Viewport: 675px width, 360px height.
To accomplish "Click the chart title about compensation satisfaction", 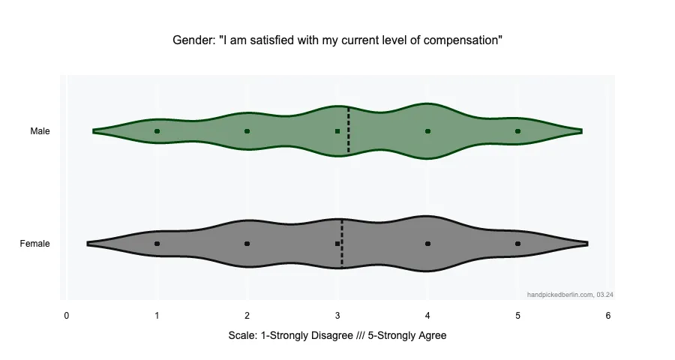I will point(337,40).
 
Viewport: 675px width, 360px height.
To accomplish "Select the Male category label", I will point(40,131).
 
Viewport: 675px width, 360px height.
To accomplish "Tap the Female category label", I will point(35,244).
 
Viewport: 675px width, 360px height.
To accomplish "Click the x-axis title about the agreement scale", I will point(337,335).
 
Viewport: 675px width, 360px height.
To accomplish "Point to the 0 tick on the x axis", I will point(67,316).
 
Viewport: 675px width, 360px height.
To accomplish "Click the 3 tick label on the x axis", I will point(337,316).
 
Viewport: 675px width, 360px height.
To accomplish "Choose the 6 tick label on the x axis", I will point(608,316).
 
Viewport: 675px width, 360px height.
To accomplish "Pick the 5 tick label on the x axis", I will point(517,316).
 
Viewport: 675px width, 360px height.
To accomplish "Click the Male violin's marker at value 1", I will point(157,131).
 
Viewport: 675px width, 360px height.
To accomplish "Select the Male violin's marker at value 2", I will point(247,131).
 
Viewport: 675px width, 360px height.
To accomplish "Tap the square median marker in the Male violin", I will point(337,131).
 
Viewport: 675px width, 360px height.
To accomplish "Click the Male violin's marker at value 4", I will point(427,131).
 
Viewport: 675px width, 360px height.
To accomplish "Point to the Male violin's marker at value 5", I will point(517,131).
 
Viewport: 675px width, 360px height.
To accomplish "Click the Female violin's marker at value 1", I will point(157,244).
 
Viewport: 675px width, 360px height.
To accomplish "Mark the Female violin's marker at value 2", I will point(247,244).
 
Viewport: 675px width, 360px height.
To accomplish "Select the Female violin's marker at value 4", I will point(427,244).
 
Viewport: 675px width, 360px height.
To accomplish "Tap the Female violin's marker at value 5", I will point(517,244).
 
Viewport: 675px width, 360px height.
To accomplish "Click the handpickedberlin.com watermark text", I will point(570,295).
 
